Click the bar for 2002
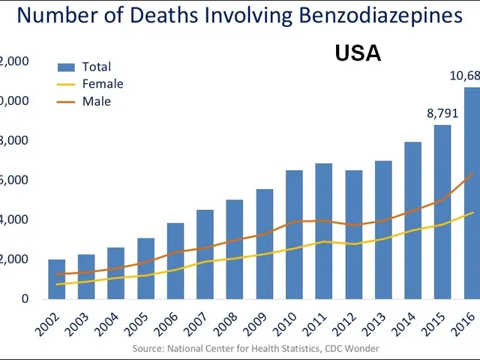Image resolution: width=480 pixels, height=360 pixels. tap(56, 279)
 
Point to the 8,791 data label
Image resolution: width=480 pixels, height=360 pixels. tap(442, 114)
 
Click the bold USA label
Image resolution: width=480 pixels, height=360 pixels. tap(358, 53)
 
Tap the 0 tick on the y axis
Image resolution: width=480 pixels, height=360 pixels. tap(25, 298)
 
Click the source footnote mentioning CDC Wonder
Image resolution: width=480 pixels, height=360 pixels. tap(256, 349)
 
